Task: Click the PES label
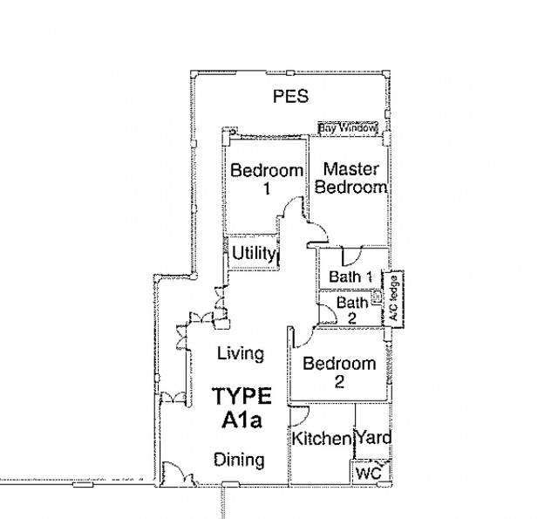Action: click(x=290, y=97)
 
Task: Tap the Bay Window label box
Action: click(x=347, y=128)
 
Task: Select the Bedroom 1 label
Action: click(x=267, y=179)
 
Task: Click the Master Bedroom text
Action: click(x=350, y=178)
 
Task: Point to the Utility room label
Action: click(x=254, y=254)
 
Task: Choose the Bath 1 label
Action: click(x=350, y=277)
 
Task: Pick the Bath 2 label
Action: click(x=352, y=310)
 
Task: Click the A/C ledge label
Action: click(x=393, y=298)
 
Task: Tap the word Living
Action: click(x=241, y=354)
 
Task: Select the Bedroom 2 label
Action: click(x=339, y=372)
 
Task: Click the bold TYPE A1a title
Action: click(x=242, y=408)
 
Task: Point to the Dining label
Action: click(x=239, y=460)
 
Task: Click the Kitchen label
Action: click(x=322, y=439)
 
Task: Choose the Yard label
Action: click(x=374, y=438)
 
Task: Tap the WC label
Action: click(x=368, y=474)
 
